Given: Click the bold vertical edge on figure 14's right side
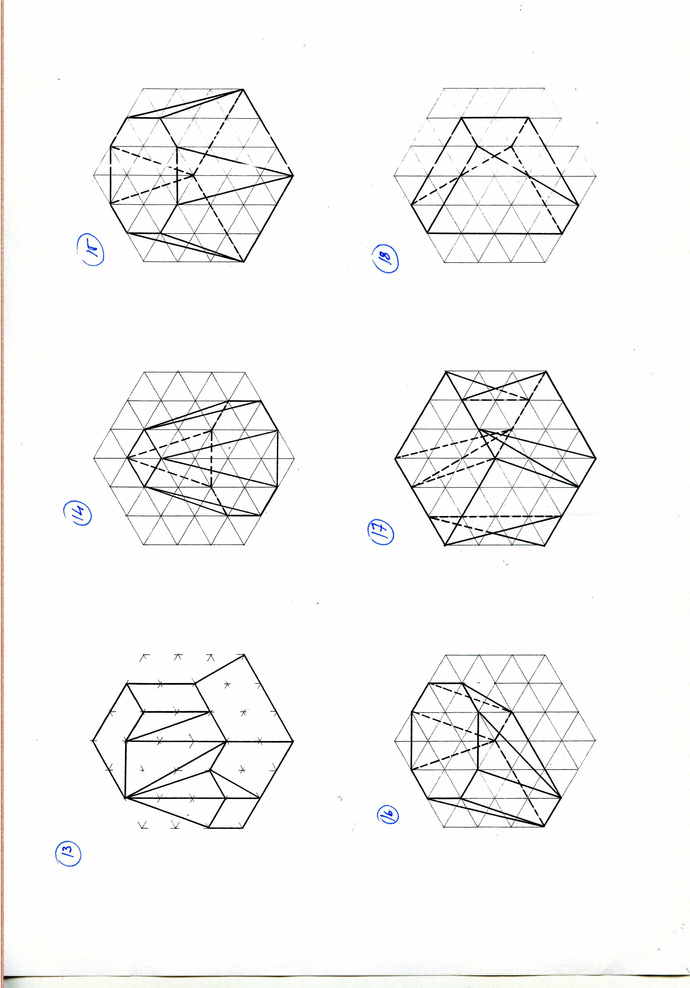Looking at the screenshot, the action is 277,458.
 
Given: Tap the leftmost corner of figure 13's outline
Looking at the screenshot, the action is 92,741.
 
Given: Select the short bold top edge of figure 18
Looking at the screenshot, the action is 495,117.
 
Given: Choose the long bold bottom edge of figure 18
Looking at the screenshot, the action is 495,233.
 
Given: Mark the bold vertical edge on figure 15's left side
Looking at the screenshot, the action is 111,175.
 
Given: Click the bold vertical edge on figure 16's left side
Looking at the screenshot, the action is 412,741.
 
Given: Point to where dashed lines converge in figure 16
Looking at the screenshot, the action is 495,741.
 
